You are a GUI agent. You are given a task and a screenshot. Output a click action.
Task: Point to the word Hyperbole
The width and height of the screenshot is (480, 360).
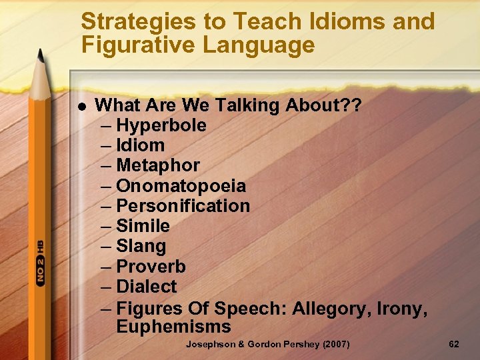[x=161, y=125]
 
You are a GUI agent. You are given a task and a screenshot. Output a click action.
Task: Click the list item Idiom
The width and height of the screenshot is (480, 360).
[x=140, y=145]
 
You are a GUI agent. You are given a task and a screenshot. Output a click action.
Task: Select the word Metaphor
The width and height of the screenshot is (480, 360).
[x=158, y=165]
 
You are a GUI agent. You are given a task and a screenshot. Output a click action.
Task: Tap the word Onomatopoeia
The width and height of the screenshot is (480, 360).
[x=181, y=186]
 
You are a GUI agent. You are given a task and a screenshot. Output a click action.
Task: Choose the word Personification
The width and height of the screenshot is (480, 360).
[x=183, y=206]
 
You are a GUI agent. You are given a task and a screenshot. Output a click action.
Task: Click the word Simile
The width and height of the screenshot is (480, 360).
[x=143, y=226]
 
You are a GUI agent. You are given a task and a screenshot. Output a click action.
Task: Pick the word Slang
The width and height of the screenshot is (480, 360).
[x=141, y=247]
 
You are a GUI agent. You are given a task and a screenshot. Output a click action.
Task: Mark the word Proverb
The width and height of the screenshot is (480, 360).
[x=151, y=267]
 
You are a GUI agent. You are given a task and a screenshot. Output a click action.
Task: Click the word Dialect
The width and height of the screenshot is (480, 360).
[x=147, y=287]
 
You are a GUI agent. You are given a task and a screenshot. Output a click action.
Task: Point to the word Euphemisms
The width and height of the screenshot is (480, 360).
[x=173, y=327]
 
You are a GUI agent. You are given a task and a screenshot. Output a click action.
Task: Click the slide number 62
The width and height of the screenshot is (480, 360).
[x=454, y=344]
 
